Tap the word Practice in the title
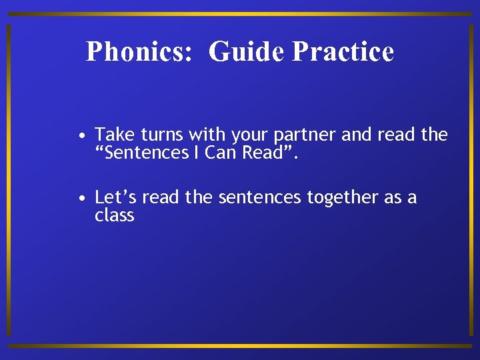[343, 52]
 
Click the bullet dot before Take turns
[80, 137]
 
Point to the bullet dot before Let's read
[80, 199]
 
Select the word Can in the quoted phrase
[219, 153]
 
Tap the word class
[115, 215]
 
